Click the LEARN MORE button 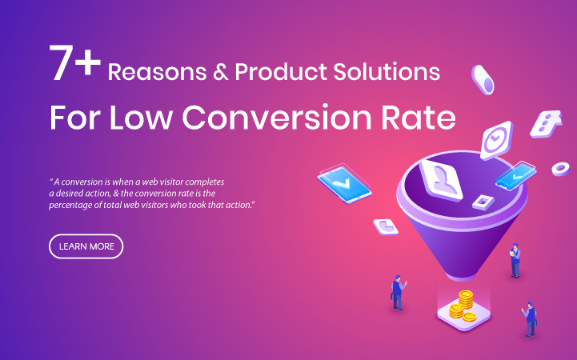point(86,246)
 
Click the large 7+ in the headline point(75,62)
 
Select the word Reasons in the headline point(157,72)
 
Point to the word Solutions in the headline point(387,71)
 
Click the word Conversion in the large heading point(277,118)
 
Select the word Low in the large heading point(141,118)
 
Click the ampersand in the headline point(221,72)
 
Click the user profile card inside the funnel point(441,180)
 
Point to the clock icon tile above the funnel point(496,140)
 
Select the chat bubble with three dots point(546,124)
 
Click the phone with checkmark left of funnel point(344,184)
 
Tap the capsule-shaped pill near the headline point(483,80)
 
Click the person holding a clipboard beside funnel point(515,260)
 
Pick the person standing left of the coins point(398,292)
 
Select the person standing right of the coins point(530,319)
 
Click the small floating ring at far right point(560,169)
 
